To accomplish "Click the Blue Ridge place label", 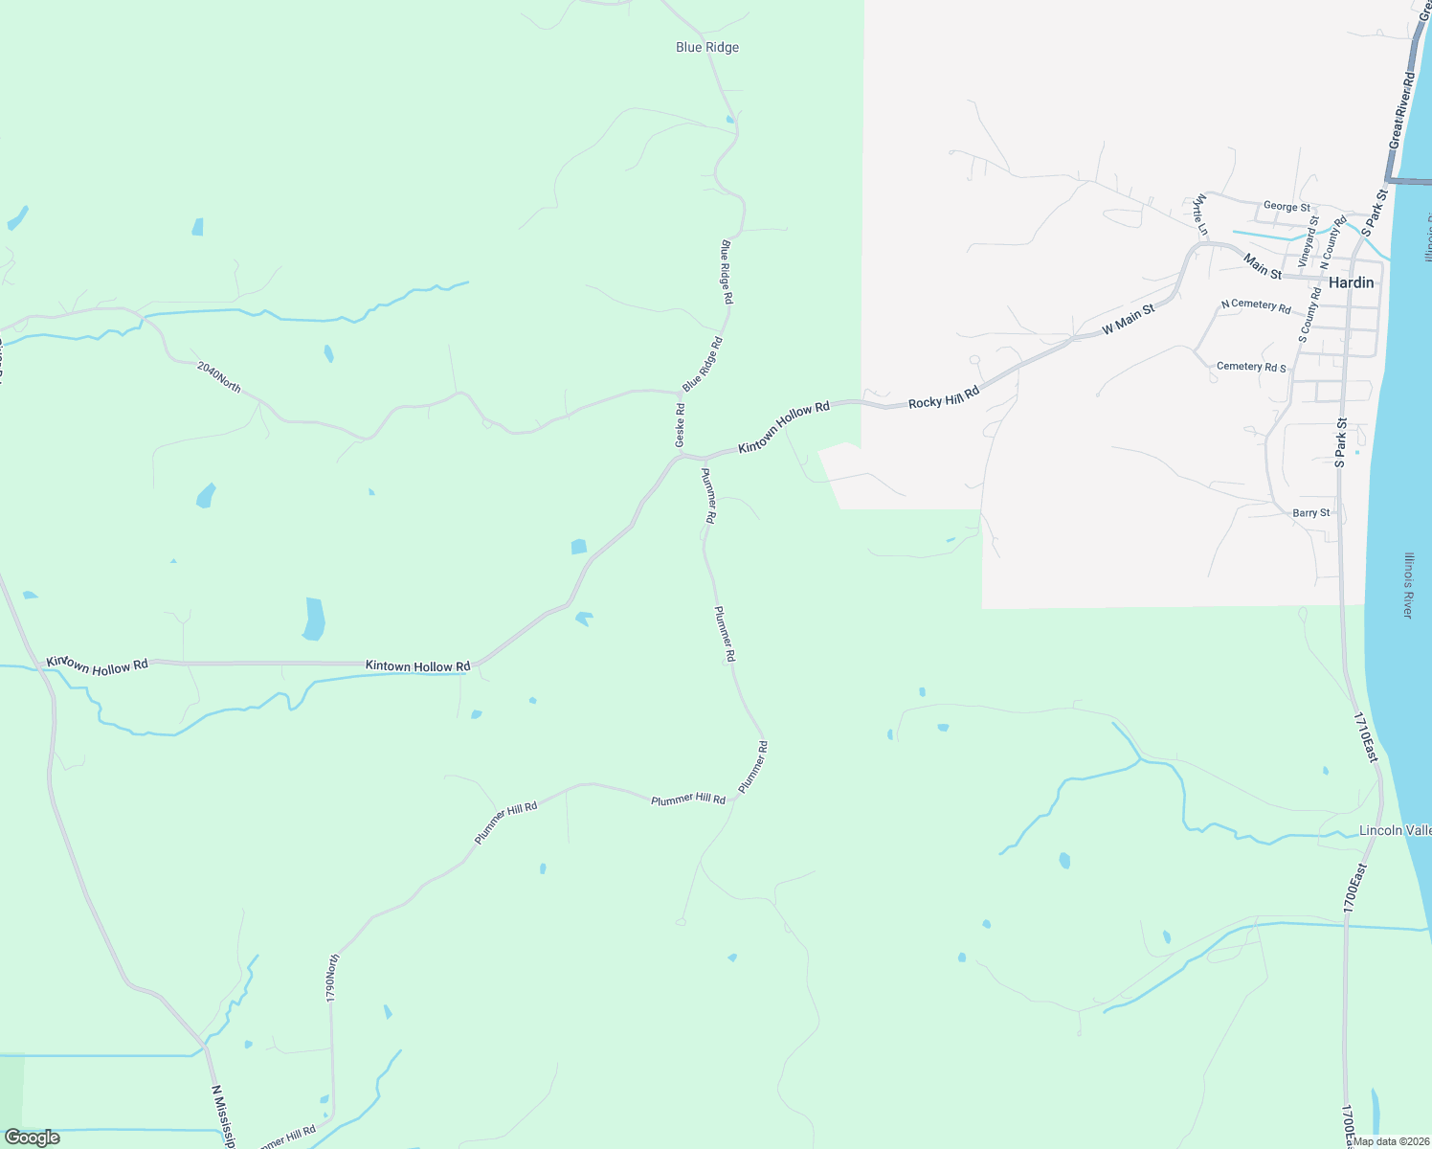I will point(707,48).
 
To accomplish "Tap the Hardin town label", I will point(1351,282).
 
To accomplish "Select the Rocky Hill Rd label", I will point(944,398).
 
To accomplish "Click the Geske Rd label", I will point(680,425).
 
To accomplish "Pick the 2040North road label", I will point(219,376).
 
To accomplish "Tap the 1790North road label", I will point(332,978).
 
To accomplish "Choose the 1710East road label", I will point(1365,737).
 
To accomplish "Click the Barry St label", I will point(1310,513).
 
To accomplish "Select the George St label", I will point(1287,207).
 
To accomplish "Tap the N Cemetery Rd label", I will point(1256,306).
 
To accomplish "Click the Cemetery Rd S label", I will point(1251,367).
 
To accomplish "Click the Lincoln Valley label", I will point(1395,830).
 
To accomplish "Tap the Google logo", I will point(33,1138).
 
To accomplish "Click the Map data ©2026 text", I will point(1390,1141).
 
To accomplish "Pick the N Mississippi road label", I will point(224,1116).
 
